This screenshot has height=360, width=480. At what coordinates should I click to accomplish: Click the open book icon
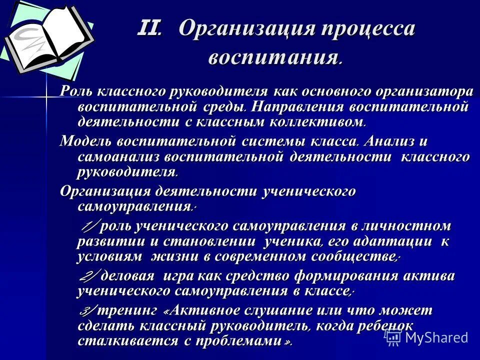click(47, 37)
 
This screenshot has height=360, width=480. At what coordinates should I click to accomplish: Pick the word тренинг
click(127, 311)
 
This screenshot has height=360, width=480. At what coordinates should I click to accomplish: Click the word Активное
click(210, 311)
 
